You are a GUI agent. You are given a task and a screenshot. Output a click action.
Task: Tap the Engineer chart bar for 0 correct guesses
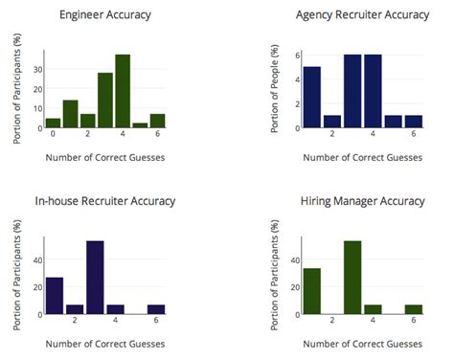(x=53, y=123)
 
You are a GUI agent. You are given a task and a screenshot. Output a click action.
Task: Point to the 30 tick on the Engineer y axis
(x=37, y=69)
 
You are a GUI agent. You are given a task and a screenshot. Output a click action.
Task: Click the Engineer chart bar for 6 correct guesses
(x=157, y=121)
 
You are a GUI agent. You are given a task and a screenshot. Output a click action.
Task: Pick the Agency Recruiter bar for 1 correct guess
(x=311, y=97)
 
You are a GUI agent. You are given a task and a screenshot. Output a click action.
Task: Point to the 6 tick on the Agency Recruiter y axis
(x=297, y=55)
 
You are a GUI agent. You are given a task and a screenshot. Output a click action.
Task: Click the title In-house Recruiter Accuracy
(x=104, y=201)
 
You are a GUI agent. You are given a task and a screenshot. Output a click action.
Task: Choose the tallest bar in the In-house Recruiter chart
(x=95, y=278)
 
